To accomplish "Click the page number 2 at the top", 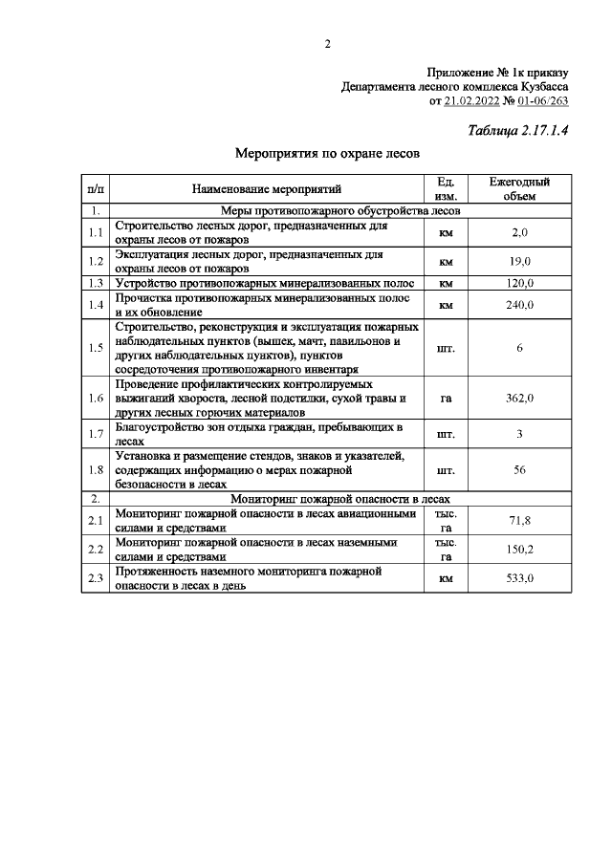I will pyautogui.click(x=327, y=44).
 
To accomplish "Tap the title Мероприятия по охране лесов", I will pyautogui.click(x=328, y=152).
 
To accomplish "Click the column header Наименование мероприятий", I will pyautogui.click(x=266, y=188).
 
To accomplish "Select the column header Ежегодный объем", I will pyautogui.click(x=519, y=188).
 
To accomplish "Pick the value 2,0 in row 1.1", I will pyautogui.click(x=519, y=232).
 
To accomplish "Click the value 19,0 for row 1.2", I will pyautogui.click(x=519, y=261).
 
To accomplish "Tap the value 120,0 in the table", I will pyautogui.click(x=519, y=283).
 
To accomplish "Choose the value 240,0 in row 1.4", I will pyautogui.click(x=519, y=305).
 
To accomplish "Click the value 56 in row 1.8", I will pyautogui.click(x=519, y=469).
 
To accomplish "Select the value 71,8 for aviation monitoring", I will pyautogui.click(x=519, y=520).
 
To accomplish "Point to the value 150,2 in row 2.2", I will pyautogui.click(x=519, y=549).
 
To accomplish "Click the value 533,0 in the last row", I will pyautogui.click(x=519, y=578).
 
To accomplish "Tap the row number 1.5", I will pyautogui.click(x=95, y=347).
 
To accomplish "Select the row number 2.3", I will pyautogui.click(x=95, y=578).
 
